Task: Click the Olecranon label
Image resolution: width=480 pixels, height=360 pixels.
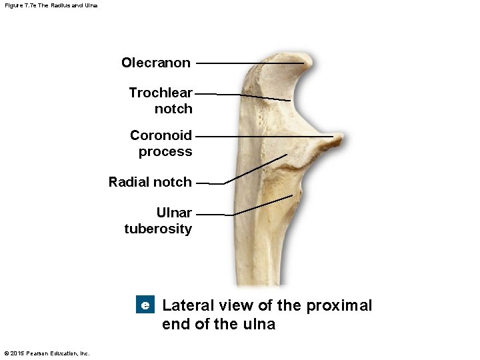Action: pos(155,63)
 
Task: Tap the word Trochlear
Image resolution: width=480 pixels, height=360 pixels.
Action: pos(161,93)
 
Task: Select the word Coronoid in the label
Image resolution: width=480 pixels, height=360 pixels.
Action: pos(161,135)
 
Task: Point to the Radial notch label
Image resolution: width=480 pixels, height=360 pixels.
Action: pos(150,182)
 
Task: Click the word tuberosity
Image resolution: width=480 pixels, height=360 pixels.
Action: pos(158,229)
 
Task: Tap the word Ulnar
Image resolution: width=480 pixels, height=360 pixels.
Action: pos(174,213)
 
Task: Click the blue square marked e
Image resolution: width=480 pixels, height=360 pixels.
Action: pos(145,305)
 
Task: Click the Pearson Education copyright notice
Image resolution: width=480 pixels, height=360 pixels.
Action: pos(47,353)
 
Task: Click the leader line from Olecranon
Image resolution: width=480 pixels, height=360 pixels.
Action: pos(247,63)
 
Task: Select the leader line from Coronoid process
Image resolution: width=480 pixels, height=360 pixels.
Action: pos(267,137)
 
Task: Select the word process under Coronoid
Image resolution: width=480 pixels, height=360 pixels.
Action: pos(165,152)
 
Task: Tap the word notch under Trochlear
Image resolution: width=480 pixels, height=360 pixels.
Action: pos(173,109)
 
